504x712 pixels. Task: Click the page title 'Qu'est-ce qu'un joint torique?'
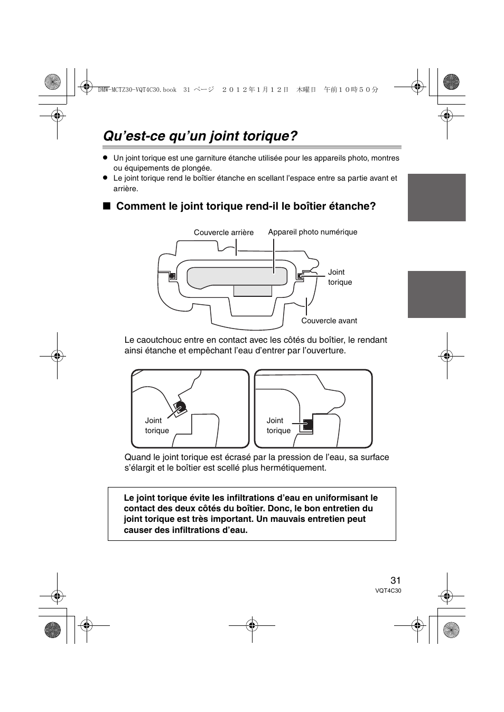click(200, 136)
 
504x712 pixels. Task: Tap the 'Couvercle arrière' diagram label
click(223, 232)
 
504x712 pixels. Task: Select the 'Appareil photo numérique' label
click(312, 232)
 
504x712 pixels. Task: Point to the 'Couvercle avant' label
click(329, 321)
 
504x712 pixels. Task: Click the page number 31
click(396, 580)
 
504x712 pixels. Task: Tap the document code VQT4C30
click(389, 591)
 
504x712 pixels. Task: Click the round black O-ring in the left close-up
click(181, 407)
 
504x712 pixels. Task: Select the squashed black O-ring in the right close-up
click(308, 424)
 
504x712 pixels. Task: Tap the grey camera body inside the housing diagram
click(237, 275)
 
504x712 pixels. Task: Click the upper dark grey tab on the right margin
click(436, 197)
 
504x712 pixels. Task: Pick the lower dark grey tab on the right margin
click(436, 294)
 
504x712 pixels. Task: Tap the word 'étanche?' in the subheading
click(356, 206)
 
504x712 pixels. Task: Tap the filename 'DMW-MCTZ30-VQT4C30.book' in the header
click(137, 90)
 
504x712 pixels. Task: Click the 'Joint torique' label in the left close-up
click(156, 425)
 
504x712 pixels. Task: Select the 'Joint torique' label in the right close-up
click(278, 425)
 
